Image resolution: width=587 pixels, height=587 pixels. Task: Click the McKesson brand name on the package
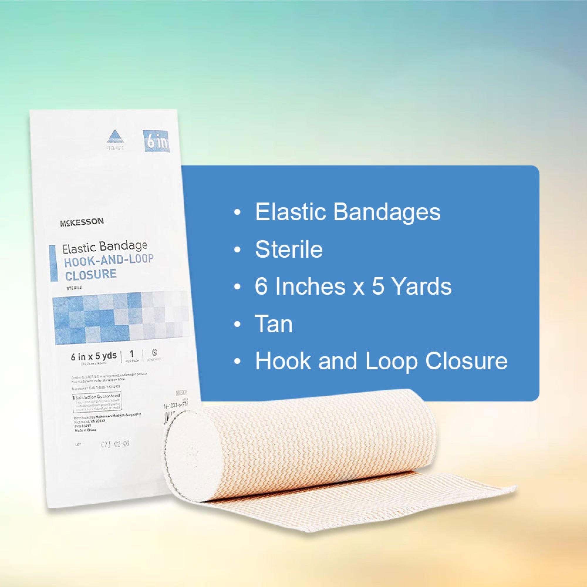pos(81,222)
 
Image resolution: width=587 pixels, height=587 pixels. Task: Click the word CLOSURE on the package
pos(91,274)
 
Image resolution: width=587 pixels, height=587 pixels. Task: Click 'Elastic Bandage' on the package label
pos(105,247)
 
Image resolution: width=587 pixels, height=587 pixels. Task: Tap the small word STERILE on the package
pos(72,287)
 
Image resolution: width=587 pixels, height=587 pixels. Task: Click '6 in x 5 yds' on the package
pos(94,356)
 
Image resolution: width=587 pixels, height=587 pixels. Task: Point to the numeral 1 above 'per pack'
pos(132,354)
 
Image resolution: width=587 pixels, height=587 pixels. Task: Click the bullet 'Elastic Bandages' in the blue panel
pos(347,212)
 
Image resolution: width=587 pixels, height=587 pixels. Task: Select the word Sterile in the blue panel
pos(289,249)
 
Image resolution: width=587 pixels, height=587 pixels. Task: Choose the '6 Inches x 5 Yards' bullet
pos(353,286)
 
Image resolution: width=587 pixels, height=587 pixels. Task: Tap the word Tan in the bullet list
pos(274,324)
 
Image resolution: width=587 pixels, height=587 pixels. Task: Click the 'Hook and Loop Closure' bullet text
pos(381,361)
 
